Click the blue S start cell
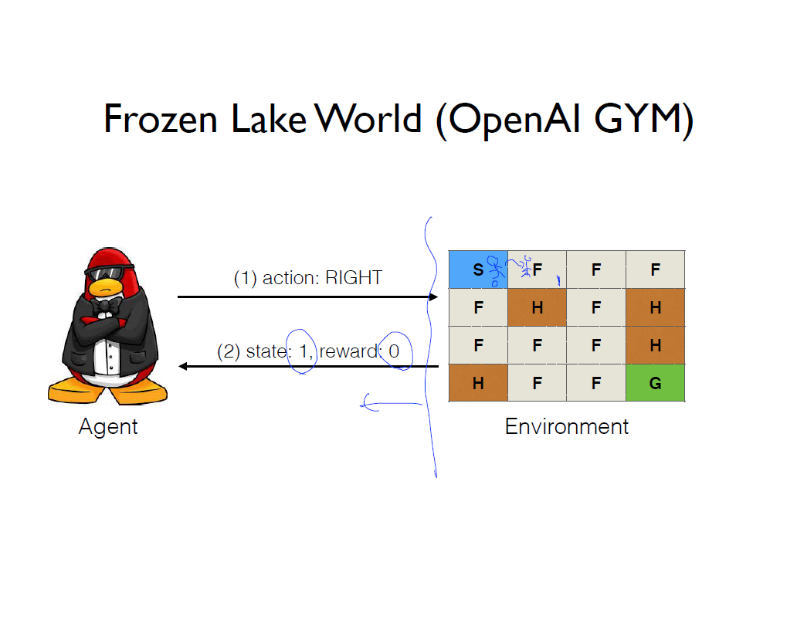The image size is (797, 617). (x=478, y=270)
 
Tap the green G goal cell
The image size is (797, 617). (x=655, y=383)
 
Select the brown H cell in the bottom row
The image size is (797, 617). (x=478, y=383)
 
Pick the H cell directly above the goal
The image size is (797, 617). (x=655, y=345)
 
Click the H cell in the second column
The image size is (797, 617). (x=537, y=307)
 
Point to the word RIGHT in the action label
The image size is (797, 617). (x=354, y=278)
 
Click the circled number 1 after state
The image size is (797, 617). (x=303, y=352)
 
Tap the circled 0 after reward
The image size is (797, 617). (x=394, y=352)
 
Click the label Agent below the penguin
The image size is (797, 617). (x=108, y=426)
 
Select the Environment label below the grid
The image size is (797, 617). (x=567, y=426)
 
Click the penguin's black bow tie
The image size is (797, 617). (x=100, y=306)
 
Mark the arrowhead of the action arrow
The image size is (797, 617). (x=433, y=297)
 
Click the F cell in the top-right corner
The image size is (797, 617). (x=655, y=270)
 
